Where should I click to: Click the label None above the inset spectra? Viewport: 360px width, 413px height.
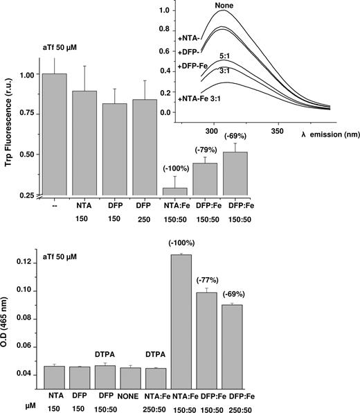point(223,6)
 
